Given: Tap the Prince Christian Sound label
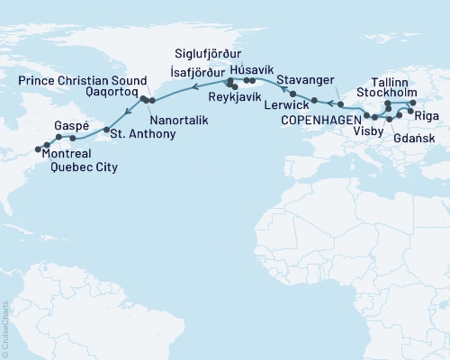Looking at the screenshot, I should coord(79,80).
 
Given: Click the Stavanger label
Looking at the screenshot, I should coord(306,81).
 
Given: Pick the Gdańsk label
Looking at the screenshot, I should coord(411,140).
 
